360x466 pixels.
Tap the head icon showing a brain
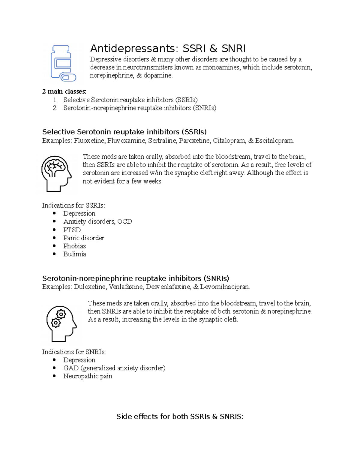point(56,173)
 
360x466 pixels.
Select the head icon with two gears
point(61,323)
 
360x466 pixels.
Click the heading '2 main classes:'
point(64,92)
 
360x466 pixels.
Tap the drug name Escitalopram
point(274,141)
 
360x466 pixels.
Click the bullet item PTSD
point(72,230)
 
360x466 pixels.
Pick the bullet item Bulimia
point(74,254)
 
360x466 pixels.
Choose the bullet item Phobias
point(74,246)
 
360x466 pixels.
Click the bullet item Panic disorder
point(83,238)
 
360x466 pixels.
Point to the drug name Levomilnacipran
point(225,287)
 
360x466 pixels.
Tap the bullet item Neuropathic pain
point(88,376)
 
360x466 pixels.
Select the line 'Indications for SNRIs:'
point(74,352)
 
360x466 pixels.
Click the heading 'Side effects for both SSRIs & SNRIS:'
point(180,416)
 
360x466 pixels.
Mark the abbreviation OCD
point(124,222)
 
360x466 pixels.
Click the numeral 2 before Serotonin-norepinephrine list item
point(55,108)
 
